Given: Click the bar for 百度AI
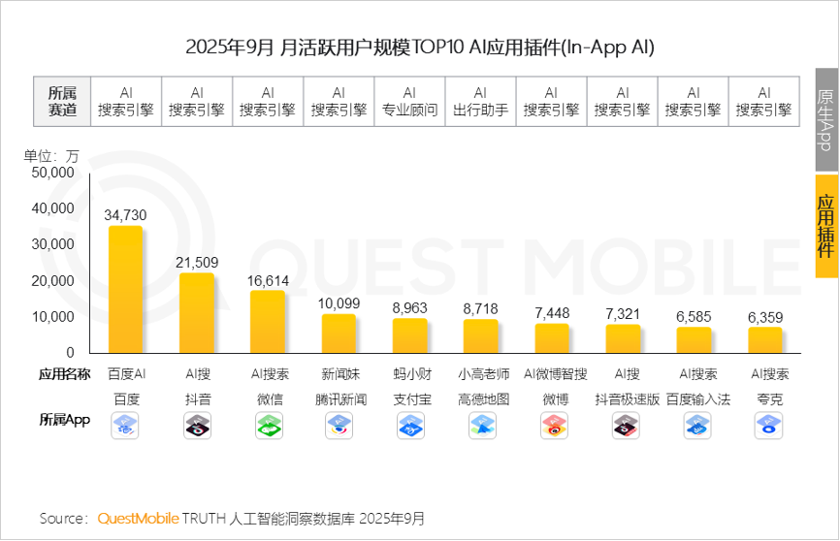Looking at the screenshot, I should pos(126,290).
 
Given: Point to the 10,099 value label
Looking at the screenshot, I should pos(339,303).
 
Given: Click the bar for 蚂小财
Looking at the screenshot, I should pos(409,335).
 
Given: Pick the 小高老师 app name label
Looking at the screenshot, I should pos(481,373).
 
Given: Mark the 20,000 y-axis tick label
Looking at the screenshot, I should pos(53,280).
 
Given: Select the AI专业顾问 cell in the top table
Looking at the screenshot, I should pos(409,101).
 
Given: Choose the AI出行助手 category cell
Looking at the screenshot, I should pos(480,101).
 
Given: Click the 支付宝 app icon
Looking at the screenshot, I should pos(410,425).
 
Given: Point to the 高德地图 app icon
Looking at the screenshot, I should pos(481,425).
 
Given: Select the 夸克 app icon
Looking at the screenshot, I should pos(768,425).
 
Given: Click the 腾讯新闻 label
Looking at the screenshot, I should pos(339,398).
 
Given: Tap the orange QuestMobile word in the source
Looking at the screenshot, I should pos(138,519).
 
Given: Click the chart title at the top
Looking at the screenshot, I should pos(420,47).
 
